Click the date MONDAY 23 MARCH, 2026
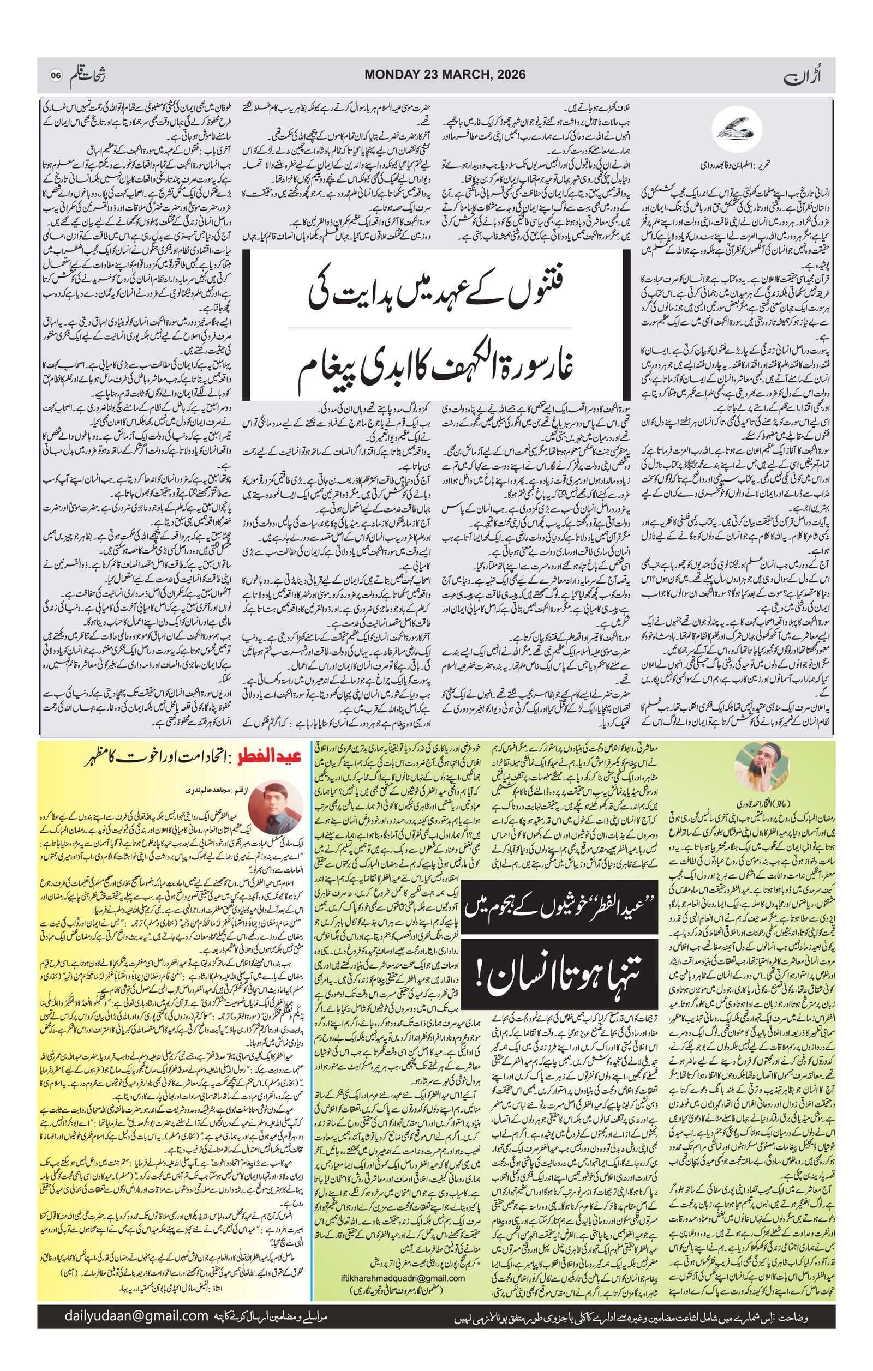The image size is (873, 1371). click(445, 75)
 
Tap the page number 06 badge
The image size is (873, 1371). click(55, 75)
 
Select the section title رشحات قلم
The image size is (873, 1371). click(91, 75)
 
